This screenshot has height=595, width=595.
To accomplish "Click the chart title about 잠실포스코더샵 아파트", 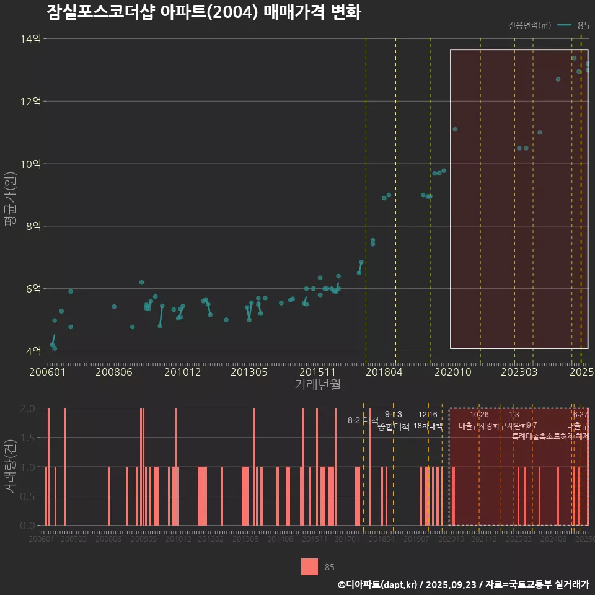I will tap(203, 12).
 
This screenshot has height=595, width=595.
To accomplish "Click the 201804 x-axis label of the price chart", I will tap(384, 372).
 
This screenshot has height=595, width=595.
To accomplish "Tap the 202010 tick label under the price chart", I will tap(451, 372).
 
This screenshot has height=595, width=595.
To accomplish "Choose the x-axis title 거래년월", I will tap(317, 385).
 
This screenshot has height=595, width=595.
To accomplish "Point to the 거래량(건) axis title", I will tap(11, 467).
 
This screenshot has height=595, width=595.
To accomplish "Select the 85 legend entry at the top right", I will tap(583, 25).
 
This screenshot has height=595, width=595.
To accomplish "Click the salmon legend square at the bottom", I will tap(310, 566).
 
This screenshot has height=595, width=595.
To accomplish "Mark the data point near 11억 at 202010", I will tap(455, 129).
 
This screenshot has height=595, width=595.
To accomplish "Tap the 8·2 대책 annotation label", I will tap(362, 420).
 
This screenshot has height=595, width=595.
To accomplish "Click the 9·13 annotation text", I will tap(393, 414).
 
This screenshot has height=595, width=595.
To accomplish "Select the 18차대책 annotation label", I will tap(428, 426).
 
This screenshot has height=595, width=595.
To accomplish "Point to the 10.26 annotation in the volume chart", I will tap(479, 414).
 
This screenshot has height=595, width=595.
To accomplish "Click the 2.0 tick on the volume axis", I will tap(27, 408).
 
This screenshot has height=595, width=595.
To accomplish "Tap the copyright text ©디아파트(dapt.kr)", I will tap(378, 584).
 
